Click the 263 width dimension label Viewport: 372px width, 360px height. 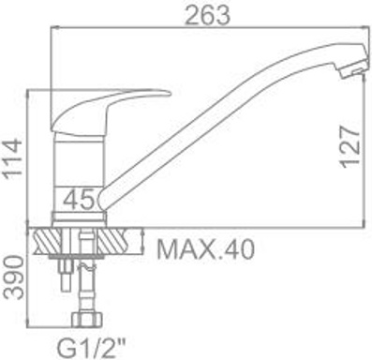[x=208, y=15]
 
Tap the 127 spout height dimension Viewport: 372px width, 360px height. [x=350, y=147]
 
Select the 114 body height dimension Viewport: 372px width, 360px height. [x=13, y=159]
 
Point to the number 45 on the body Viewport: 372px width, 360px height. [x=79, y=199]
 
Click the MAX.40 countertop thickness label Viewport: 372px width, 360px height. [x=206, y=249]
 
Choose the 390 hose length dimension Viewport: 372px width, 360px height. [x=14, y=277]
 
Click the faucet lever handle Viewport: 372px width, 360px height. [x=110, y=112]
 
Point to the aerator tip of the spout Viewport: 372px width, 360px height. [x=352, y=72]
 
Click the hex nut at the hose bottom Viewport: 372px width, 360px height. [x=87, y=319]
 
